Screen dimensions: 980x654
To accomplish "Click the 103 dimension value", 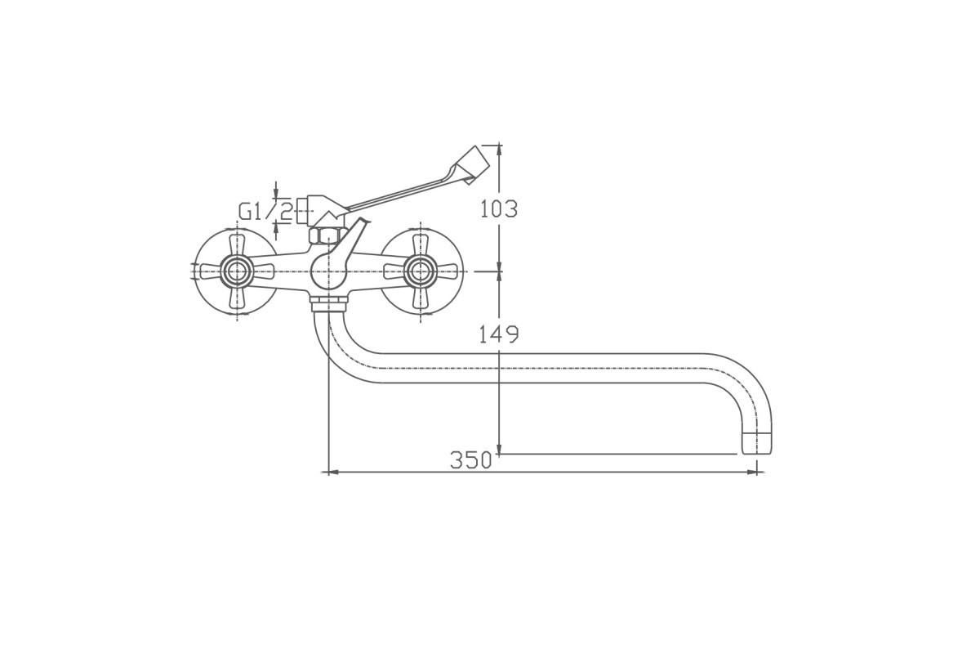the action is point(499,208).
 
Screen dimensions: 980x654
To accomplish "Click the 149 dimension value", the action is point(499,334).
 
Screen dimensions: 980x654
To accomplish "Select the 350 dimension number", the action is point(470,460).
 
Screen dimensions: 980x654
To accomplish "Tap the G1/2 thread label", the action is point(265,213).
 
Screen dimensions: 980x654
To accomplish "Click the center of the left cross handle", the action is point(237,271).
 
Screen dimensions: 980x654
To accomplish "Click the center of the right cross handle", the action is point(420,271).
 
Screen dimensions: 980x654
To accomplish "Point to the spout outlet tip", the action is point(757,443).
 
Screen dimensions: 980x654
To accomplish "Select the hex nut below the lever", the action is point(327,235).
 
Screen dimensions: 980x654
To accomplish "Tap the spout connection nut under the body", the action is point(329,302).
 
